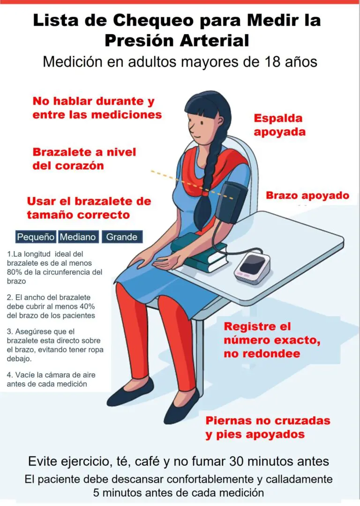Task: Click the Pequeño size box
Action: (x=36, y=237)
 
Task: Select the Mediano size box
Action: (x=78, y=237)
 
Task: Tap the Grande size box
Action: (x=122, y=237)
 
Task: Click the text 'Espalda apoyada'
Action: (x=279, y=125)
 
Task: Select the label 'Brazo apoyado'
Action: (x=307, y=195)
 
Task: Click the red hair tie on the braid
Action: (x=205, y=193)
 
